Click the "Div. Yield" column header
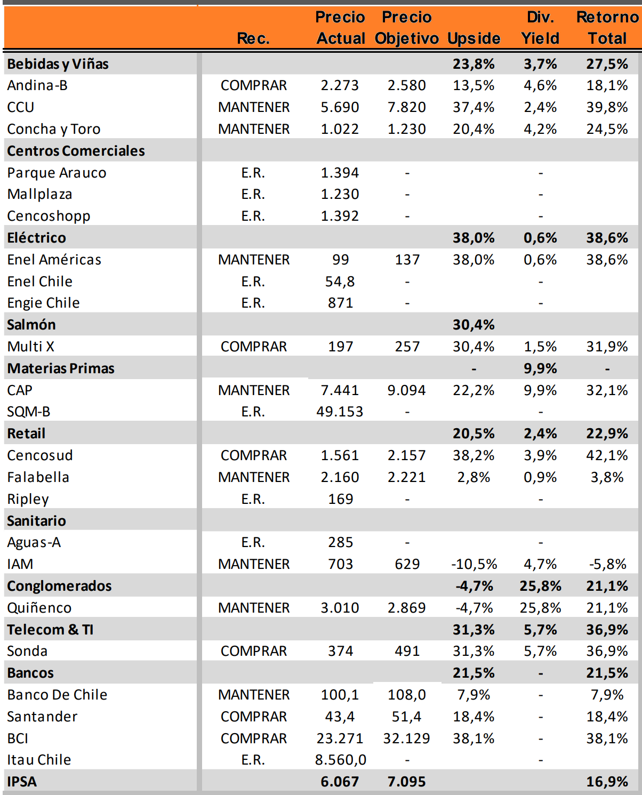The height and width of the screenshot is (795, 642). click(540, 28)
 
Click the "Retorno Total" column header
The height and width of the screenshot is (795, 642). click(607, 28)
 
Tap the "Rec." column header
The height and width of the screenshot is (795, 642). click(253, 38)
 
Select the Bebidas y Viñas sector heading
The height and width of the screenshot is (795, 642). click(58, 64)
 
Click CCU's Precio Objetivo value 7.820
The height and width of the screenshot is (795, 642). click(406, 107)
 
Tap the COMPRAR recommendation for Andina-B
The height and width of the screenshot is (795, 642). click(254, 85)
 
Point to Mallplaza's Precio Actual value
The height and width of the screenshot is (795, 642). click(340, 194)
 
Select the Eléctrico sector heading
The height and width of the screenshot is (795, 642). click(37, 238)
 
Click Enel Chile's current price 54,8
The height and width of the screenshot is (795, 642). click(340, 282)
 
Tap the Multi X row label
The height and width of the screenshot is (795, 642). click(31, 347)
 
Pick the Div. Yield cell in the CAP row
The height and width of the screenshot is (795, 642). click(540, 390)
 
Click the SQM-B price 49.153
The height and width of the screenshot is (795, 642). click(340, 412)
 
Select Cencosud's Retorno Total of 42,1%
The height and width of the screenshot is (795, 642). click(607, 455)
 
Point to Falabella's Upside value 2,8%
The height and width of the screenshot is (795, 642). click(474, 477)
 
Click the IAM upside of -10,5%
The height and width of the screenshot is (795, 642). click(474, 564)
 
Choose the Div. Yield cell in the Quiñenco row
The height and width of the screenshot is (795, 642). click(540, 608)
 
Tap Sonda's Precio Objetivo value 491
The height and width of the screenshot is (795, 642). click(407, 651)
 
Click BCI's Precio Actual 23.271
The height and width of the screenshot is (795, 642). click(340, 738)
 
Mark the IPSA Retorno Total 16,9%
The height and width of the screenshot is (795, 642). click(607, 782)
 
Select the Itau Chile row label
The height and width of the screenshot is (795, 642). click(39, 760)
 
